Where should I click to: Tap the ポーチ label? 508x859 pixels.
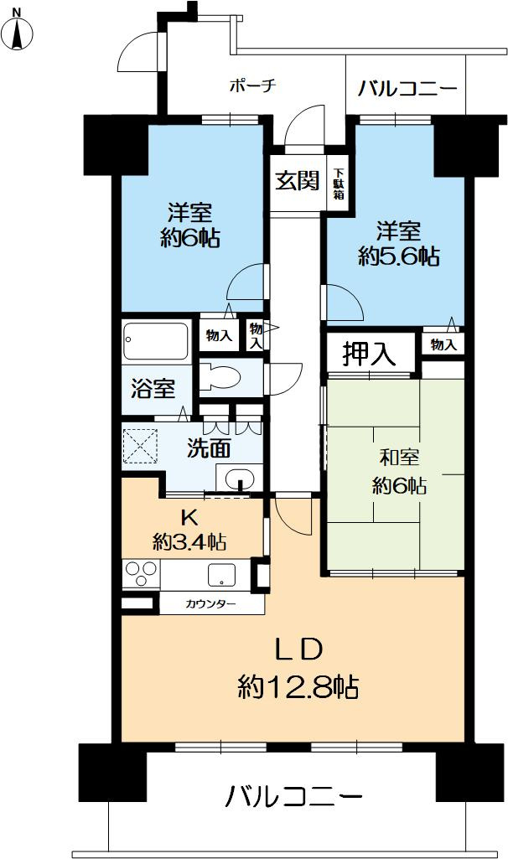click(252, 85)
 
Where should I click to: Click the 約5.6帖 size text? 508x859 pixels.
click(398, 256)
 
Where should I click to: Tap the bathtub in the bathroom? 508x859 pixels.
click(156, 343)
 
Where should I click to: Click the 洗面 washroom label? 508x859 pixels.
click(208, 449)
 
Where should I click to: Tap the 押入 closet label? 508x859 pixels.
click(369, 354)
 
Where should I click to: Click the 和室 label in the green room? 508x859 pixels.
click(398, 458)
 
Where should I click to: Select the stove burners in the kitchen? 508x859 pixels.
click(142, 575)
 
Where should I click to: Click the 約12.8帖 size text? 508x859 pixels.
click(298, 689)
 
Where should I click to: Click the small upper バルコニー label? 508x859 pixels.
click(407, 88)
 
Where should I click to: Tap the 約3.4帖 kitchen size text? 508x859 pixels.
click(189, 541)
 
